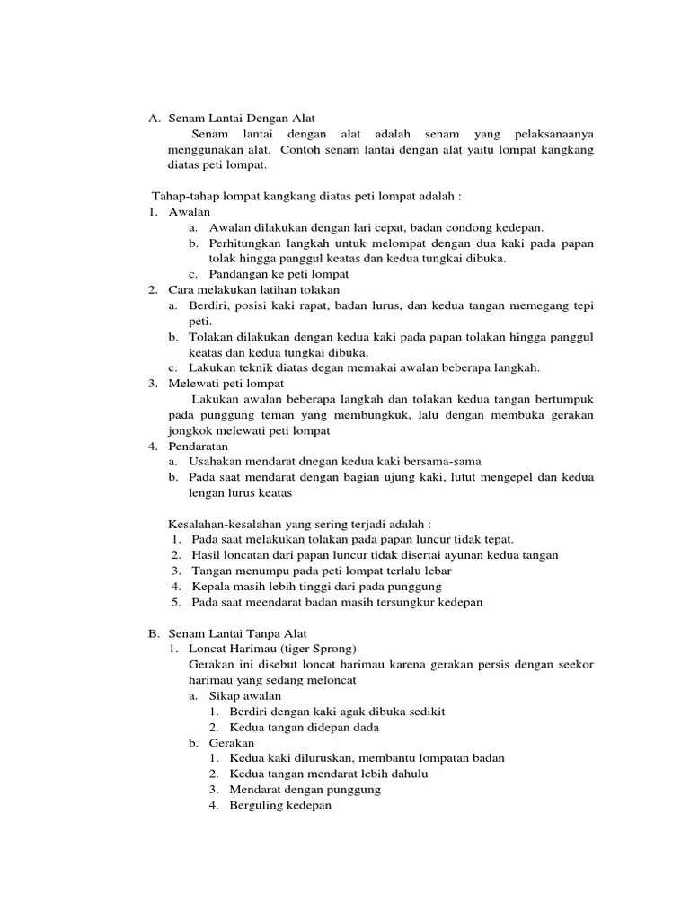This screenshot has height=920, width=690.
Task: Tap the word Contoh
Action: point(308,149)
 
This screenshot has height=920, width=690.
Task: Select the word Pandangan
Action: point(239,274)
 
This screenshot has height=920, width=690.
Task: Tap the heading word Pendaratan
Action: point(199,446)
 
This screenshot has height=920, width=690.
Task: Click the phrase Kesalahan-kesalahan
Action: point(226,524)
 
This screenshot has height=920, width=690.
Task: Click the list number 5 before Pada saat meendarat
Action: point(176,602)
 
